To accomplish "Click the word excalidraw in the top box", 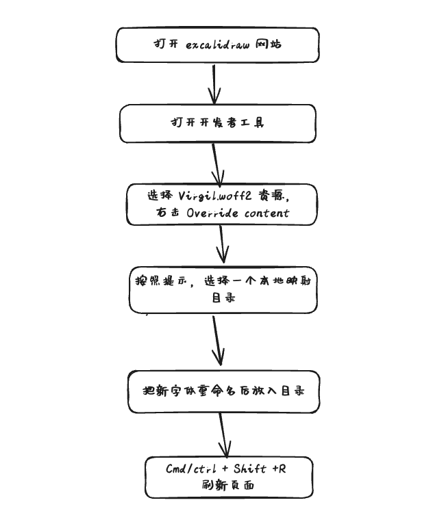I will [x=217, y=44].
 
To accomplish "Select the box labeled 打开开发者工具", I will [x=218, y=123].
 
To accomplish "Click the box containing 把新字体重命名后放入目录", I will [x=223, y=391].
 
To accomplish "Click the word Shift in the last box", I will [x=249, y=469].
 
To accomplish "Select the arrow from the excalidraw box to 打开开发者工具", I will [x=216, y=83].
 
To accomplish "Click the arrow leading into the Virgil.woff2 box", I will [x=218, y=163].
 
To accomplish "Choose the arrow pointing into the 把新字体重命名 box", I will [x=217, y=341].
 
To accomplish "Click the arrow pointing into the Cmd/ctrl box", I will [x=223, y=434].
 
